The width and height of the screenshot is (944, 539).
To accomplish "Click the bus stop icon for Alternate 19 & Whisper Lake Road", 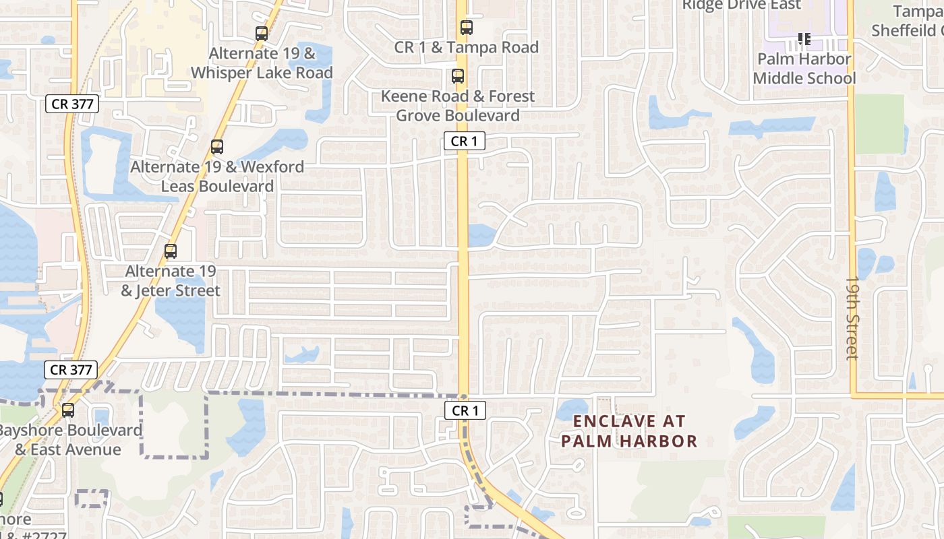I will tap(262, 33).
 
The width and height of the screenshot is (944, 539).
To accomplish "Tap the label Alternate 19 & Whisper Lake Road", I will tap(262, 63).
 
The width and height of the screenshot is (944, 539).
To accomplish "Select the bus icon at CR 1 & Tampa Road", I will tap(466, 28).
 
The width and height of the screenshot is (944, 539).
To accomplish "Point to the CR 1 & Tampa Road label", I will tap(466, 47).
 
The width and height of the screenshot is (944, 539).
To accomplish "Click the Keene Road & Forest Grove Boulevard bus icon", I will tap(458, 76).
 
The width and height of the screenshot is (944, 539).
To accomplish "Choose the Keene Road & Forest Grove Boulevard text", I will tap(458, 106).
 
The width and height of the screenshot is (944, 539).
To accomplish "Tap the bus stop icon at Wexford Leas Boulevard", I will tap(216, 147).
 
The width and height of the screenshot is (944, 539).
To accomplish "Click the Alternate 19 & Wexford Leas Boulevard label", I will tap(217, 176).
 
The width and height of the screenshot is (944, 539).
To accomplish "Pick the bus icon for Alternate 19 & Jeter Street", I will tap(171, 251).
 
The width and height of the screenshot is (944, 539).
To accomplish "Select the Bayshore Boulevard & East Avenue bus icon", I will tap(68, 410).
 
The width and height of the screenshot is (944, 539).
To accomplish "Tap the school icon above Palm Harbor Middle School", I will tap(804, 39).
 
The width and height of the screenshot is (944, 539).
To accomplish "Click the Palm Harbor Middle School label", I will tap(804, 69).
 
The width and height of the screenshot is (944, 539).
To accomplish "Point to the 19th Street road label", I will tap(852, 317).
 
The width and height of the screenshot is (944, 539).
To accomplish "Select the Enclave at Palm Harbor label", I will tap(629, 431).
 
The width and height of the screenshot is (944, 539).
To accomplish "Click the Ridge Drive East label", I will tap(741, 5).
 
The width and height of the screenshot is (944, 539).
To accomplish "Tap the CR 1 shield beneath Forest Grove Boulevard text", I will tap(465, 141).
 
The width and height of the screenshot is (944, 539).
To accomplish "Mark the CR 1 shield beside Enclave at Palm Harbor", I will tap(465, 410).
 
